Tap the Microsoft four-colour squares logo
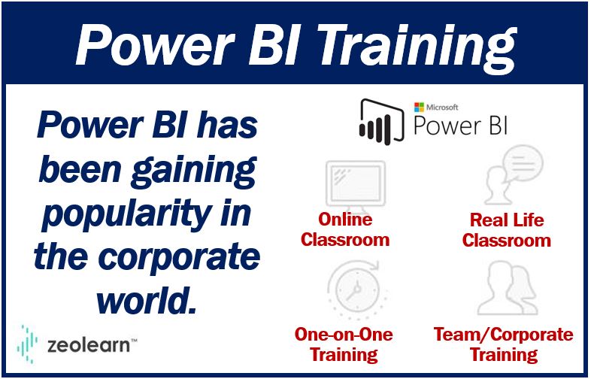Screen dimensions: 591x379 click(x=419, y=107)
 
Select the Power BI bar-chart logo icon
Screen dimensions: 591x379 click(x=381, y=122)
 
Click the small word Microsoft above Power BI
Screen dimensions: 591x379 click(x=442, y=107)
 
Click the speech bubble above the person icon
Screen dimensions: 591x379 click(x=523, y=165)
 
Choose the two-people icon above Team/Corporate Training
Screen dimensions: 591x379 click(x=507, y=289)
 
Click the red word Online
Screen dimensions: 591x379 click(x=345, y=219)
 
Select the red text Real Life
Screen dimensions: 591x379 click(x=507, y=220)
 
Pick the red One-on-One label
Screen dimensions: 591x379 click(x=344, y=334)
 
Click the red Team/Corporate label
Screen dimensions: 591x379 click(x=504, y=334)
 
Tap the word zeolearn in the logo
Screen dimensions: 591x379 click(x=89, y=344)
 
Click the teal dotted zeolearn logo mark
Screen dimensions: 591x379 click(x=27, y=344)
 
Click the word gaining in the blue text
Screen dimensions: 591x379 click(x=194, y=170)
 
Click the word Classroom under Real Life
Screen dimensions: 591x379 click(x=507, y=240)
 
